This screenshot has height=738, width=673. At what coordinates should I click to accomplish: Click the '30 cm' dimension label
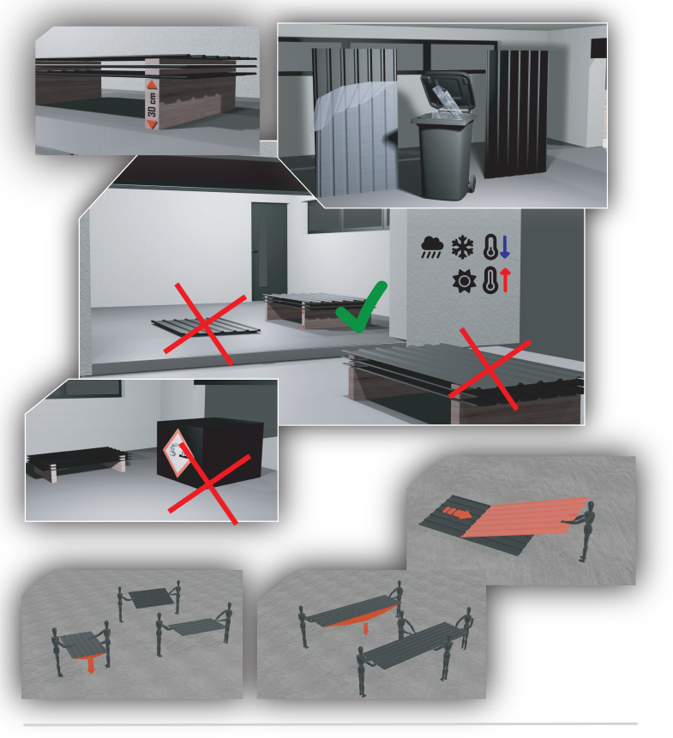click(x=152, y=105)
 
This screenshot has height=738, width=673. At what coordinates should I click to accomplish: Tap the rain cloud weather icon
click(x=432, y=247)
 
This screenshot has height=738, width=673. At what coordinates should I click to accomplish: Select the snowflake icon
click(x=463, y=247)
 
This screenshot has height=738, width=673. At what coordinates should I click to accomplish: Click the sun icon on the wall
click(x=464, y=281)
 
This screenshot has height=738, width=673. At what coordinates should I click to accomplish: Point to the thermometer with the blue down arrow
click(x=496, y=247)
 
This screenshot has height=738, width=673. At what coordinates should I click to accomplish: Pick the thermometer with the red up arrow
click(x=496, y=280)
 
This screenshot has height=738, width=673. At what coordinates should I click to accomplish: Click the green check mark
click(x=362, y=307)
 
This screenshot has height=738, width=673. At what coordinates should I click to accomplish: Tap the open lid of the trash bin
click(x=446, y=93)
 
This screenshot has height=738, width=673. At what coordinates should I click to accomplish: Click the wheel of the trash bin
click(x=472, y=183)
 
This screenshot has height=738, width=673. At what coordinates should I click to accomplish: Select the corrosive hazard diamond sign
click(x=177, y=453)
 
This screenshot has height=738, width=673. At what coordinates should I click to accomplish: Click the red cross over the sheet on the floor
click(x=205, y=324)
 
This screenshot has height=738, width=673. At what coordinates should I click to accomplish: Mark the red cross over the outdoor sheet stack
click(x=490, y=369)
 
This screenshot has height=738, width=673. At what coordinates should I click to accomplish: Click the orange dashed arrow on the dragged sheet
click(x=456, y=512)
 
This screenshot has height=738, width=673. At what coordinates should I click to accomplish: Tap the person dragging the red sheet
click(x=583, y=531)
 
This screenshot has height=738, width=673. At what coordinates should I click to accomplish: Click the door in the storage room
click(x=269, y=250)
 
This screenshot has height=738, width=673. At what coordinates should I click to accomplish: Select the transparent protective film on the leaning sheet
click(x=357, y=107)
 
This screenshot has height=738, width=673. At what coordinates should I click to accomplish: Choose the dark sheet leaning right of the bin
click(x=517, y=113)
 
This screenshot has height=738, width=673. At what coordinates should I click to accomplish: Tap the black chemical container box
click(x=210, y=453)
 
